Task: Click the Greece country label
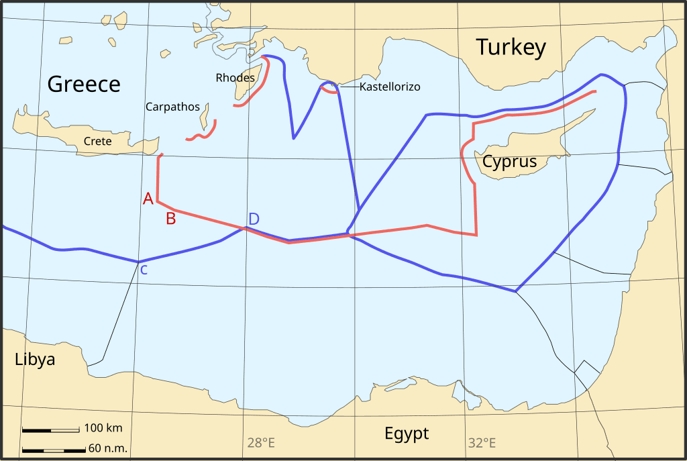[84, 84]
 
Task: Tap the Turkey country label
[511, 48]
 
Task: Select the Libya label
[35, 360]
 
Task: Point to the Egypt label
[407, 433]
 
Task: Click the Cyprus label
[510, 162]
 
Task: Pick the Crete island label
[97, 142]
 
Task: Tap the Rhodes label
[235, 78]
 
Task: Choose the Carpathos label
[172, 107]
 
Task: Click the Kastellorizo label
[390, 87]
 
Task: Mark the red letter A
[148, 198]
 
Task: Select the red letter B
[170, 218]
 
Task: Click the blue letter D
[254, 219]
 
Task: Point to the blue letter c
[144, 270]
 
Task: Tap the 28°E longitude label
[261, 443]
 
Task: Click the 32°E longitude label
[482, 443]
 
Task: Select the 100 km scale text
[103, 428]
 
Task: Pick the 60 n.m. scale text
[107, 449]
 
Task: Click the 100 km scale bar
[51, 429]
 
